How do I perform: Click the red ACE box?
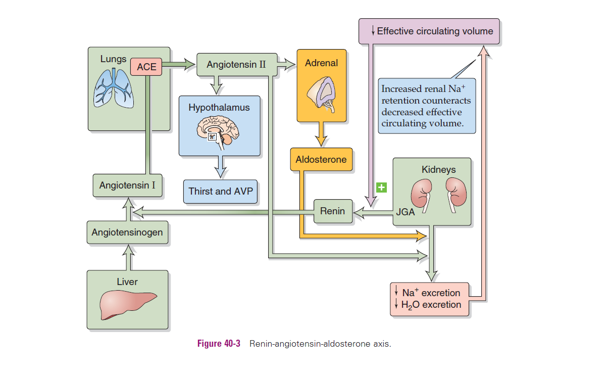click(146, 67)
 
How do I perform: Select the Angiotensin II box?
click(236, 65)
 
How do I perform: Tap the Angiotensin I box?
click(127, 185)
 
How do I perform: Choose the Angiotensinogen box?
click(127, 232)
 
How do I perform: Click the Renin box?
click(332, 211)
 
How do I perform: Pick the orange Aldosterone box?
click(321, 160)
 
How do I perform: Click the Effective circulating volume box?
click(429, 31)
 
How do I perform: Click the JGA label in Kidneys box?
click(405, 212)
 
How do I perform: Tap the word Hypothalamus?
click(219, 108)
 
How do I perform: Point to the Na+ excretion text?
click(431, 293)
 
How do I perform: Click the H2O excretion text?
click(431, 305)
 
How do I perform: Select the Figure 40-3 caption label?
click(219, 344)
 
